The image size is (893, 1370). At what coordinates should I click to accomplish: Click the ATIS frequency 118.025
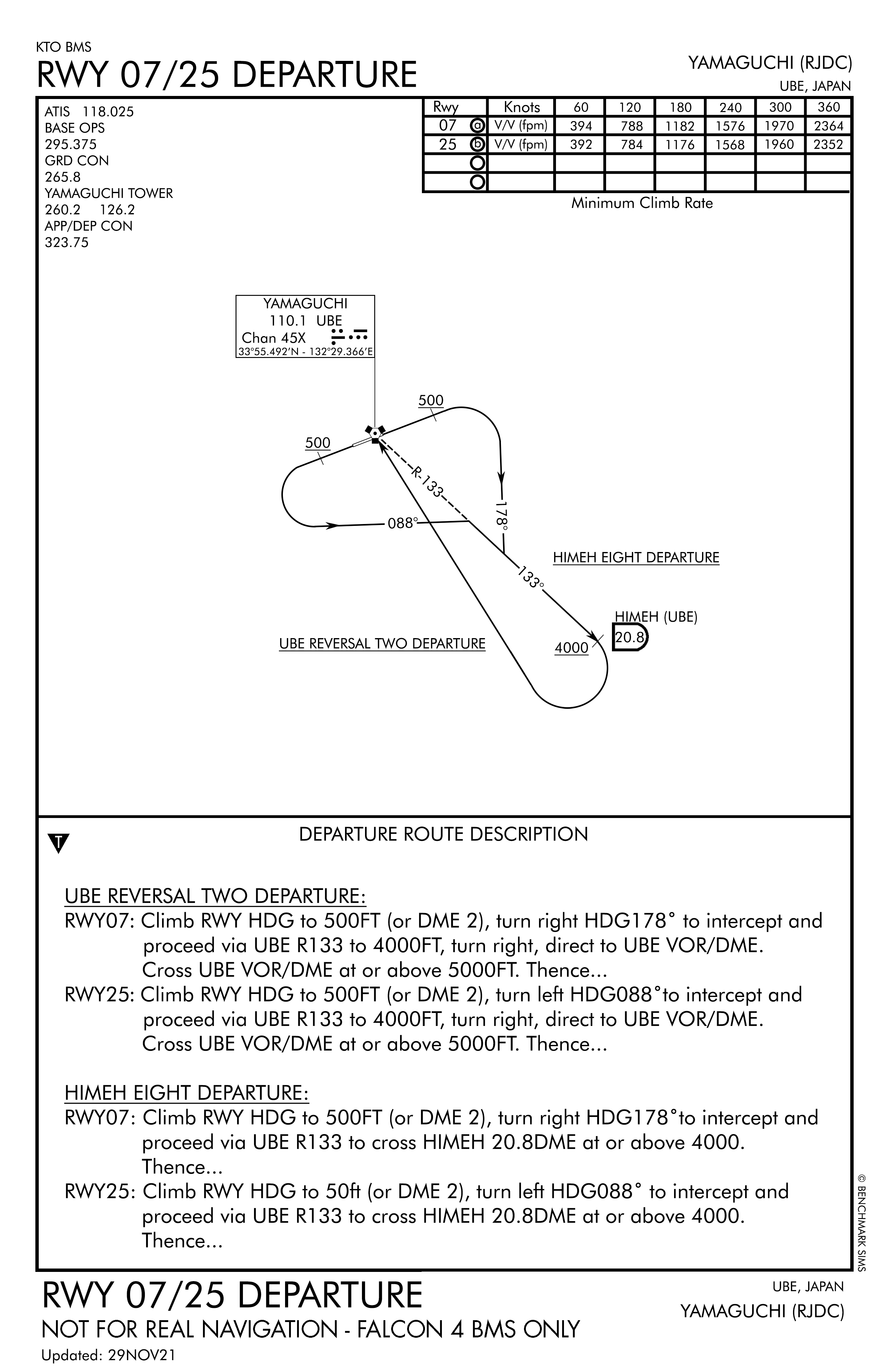click(x=108, y=112)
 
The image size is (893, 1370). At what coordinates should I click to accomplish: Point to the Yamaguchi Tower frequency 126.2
click(x=117, y=209)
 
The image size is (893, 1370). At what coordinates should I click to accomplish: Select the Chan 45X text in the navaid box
click(x=273, y=338)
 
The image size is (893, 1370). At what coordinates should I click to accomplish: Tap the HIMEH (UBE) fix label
click(x=656, y=617)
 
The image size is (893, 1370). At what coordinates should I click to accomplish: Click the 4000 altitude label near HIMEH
click(x=571, y=648)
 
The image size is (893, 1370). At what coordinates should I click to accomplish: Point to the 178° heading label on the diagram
click(x=503, y=515)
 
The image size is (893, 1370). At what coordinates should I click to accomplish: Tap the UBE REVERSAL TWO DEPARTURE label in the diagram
click(x=382, y=644)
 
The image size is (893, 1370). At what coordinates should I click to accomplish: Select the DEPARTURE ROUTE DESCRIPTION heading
click(x=443, y=834)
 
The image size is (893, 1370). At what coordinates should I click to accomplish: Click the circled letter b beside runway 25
click(x=477, y=145)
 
